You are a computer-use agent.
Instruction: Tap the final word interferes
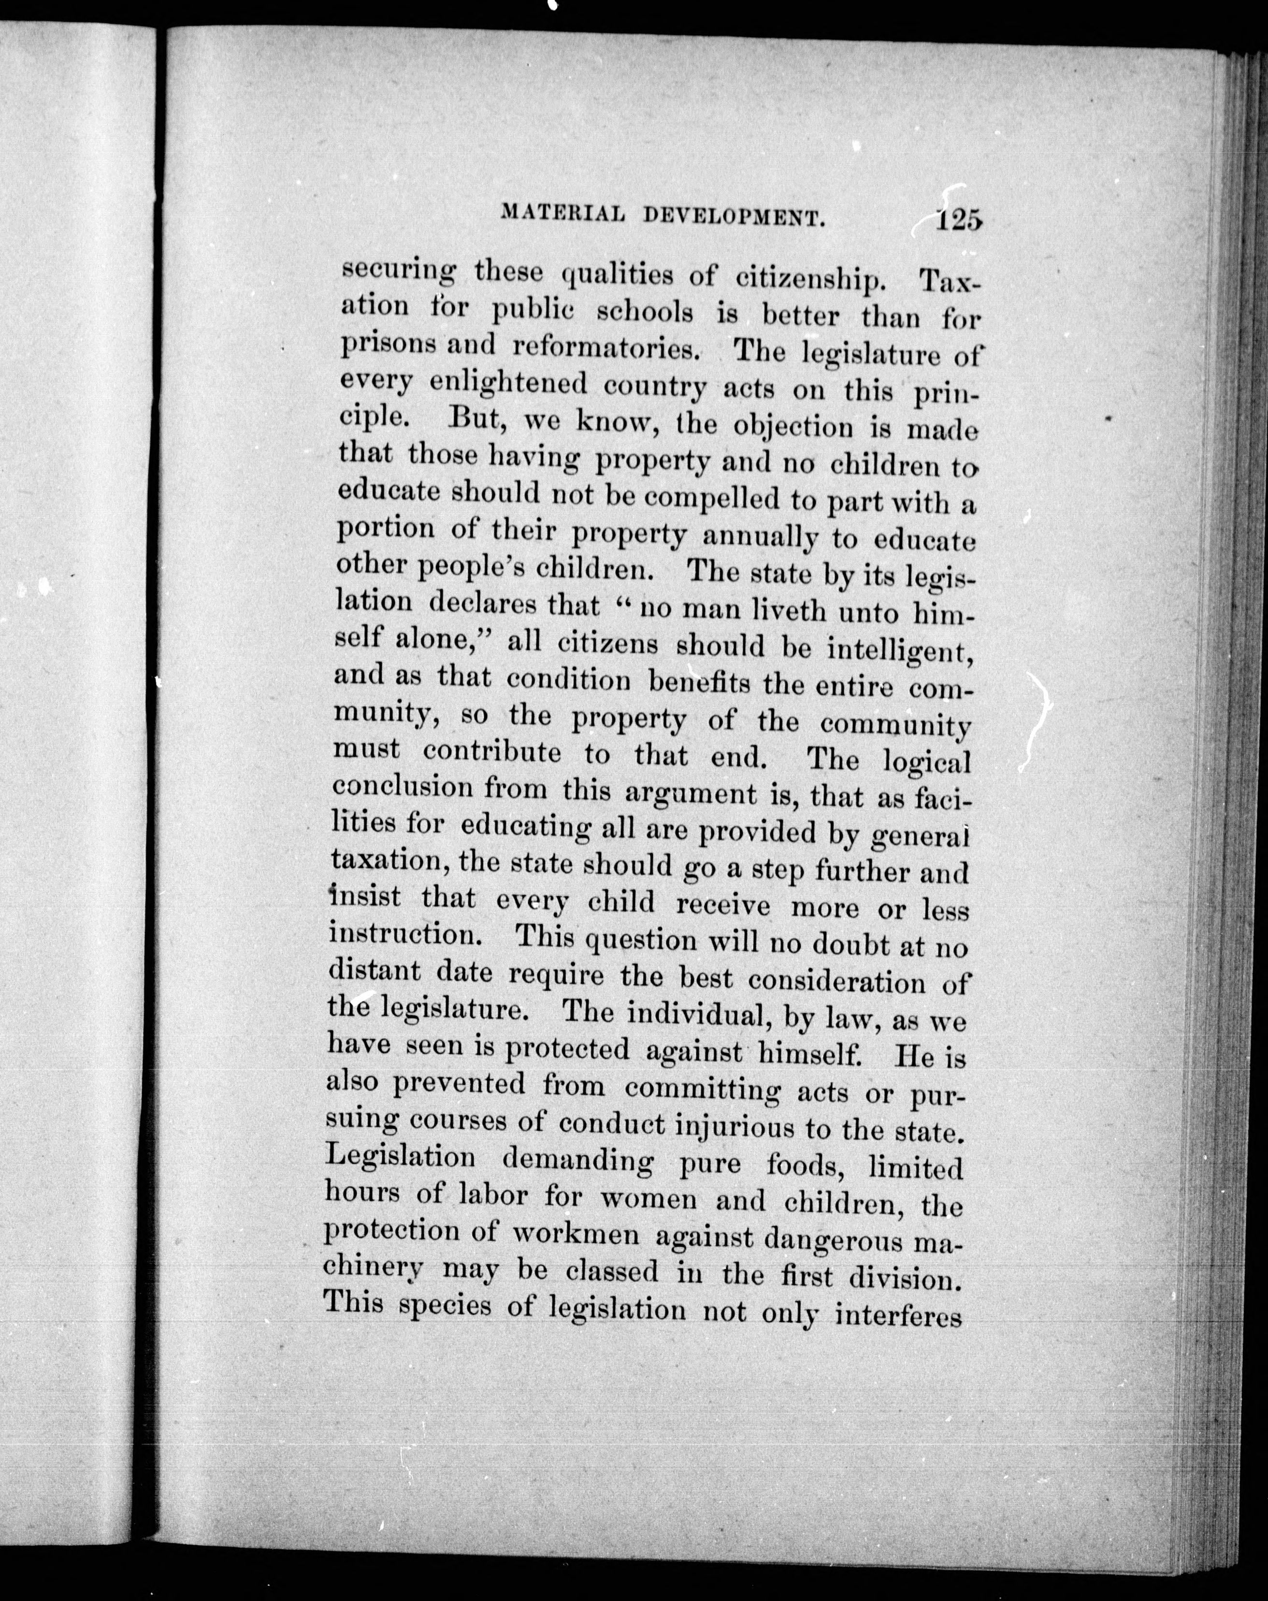coord(898,1315)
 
